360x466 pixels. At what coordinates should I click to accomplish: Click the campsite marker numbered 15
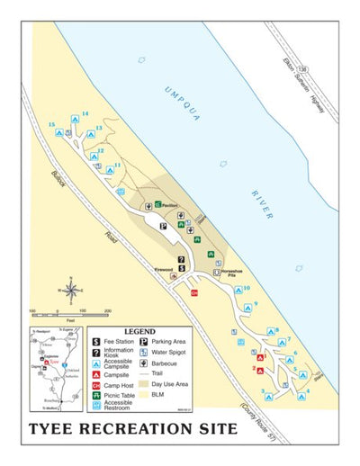(x=58, y=131)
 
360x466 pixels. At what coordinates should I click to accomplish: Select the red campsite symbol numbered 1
(x=260, y=359)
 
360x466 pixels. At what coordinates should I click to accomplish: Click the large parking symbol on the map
(x=163, y=227)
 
